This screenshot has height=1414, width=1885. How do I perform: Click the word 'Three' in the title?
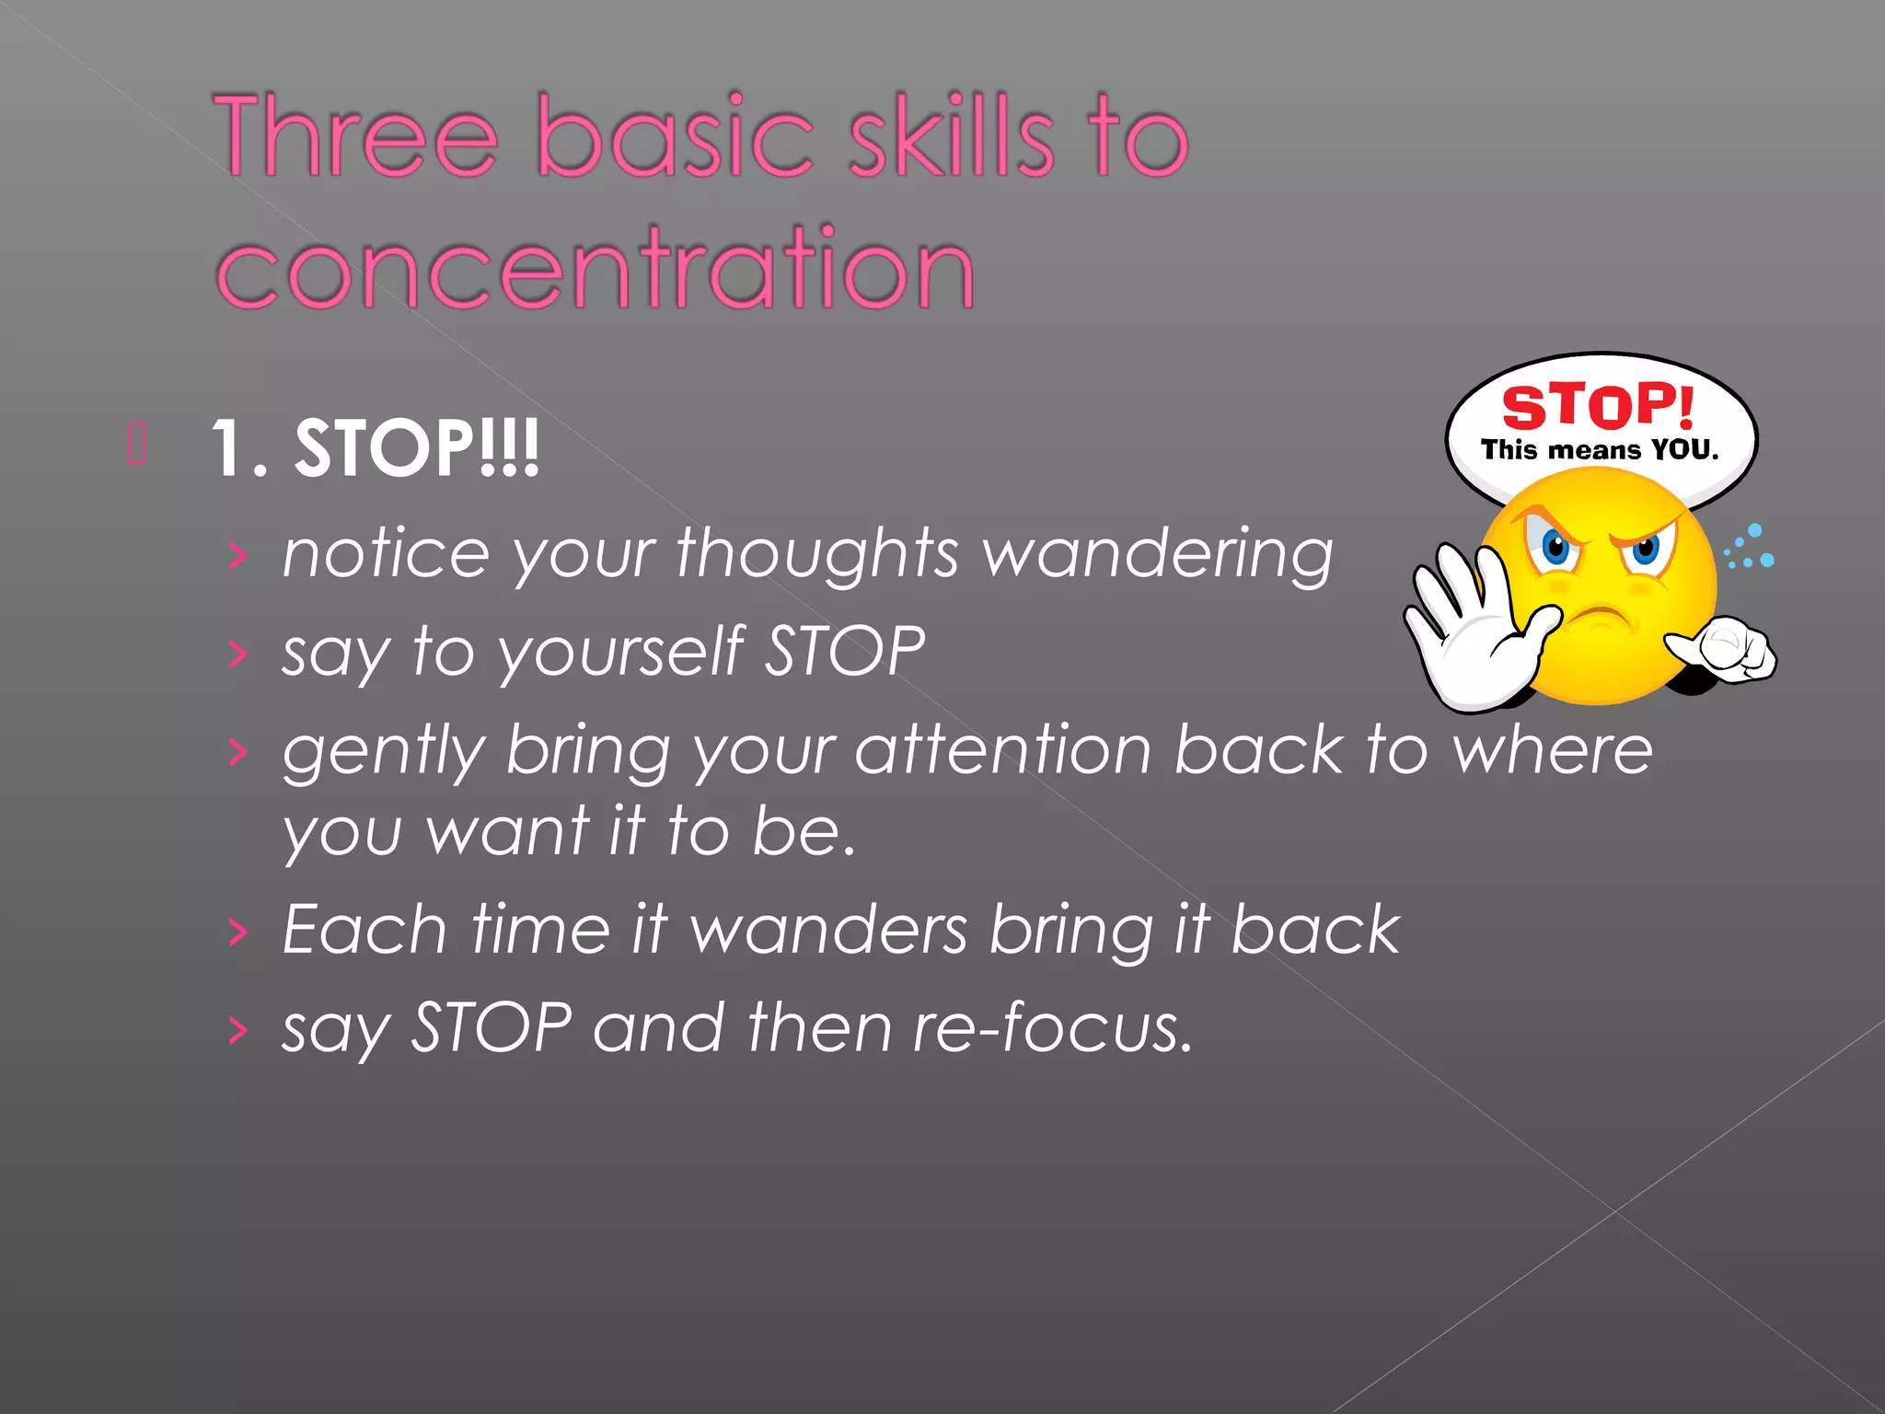point(355,136)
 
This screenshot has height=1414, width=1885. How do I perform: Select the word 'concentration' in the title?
point(595,269)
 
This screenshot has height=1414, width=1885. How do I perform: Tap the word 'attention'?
point(1002,749)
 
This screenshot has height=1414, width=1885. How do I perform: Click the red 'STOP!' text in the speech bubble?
point(1598,406)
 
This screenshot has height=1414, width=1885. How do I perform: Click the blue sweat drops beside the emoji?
point(1750,548)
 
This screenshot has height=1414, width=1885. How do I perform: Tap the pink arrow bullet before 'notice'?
point(238,555)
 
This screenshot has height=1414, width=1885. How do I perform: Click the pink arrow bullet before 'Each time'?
point(238,932)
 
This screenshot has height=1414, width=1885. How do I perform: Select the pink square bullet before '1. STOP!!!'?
point(137,444)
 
